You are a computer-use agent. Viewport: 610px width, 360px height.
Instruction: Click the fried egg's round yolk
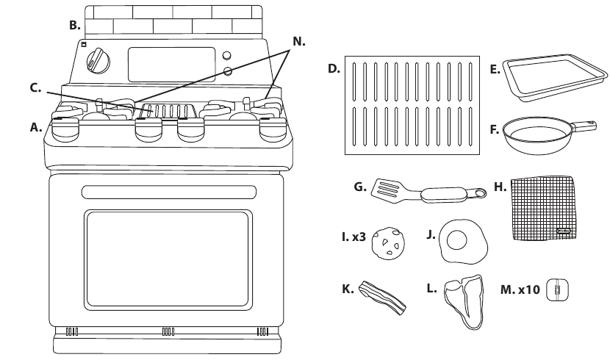coord(457,239)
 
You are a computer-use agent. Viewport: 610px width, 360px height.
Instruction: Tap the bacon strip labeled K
coord(381,297)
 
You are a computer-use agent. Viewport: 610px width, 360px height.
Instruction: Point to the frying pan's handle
coord(584,126)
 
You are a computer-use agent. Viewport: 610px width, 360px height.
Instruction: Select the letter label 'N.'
coord(298,41)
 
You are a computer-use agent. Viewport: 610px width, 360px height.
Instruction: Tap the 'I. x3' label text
coord(353,238)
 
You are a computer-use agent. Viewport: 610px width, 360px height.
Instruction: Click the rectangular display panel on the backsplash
coord(171,65)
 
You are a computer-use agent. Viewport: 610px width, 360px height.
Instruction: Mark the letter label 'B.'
coord(75,25)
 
